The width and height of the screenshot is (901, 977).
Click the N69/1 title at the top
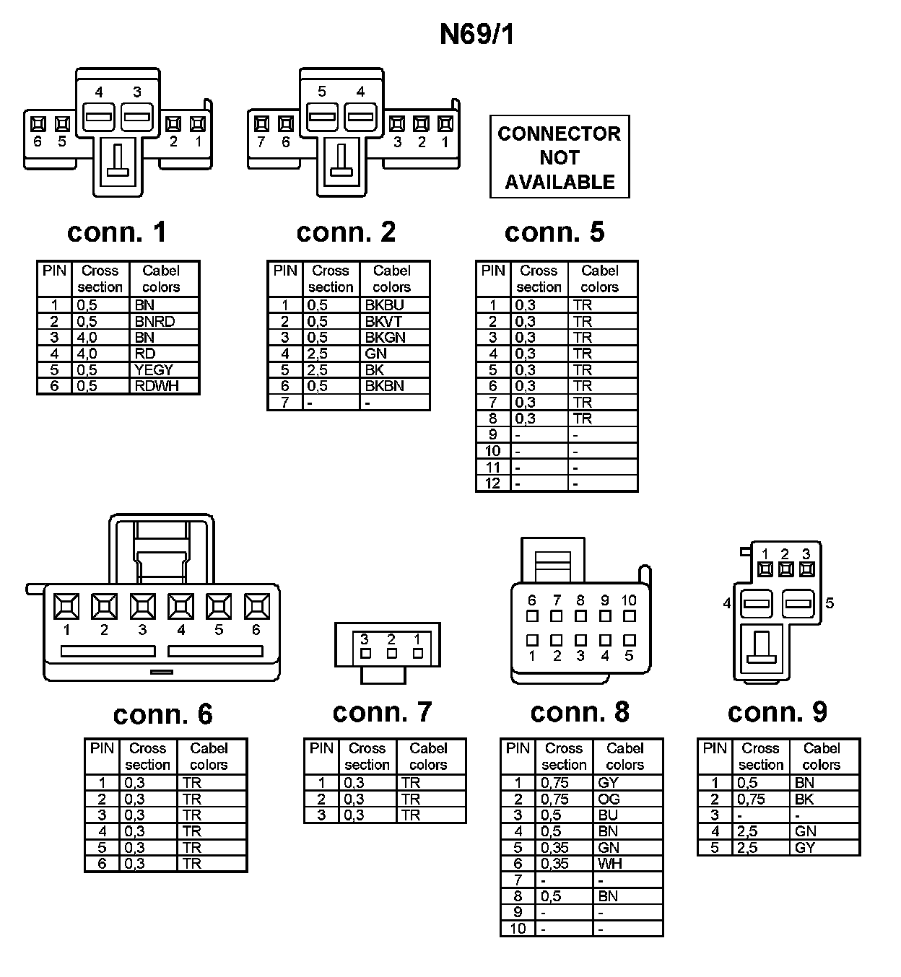tap(477, 34)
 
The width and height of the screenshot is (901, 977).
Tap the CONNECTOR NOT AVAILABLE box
tap(560, 157)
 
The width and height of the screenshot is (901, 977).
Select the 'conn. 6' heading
tap(162, 714)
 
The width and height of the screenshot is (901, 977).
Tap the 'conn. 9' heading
tap(777, 712)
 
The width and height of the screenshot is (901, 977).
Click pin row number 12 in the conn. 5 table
tap(492, 483)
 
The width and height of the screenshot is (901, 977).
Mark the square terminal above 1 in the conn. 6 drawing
tap(66, 606)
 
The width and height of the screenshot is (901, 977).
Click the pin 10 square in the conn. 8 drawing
tap(630, 616)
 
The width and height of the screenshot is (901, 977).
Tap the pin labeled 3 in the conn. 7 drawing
tap(365, 654)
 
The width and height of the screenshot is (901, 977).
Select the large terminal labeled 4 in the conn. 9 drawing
tap(757, 603)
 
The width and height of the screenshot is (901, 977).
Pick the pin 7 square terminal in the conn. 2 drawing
tap(261, 124)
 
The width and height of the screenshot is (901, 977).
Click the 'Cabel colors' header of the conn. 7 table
tap(428, 756)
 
